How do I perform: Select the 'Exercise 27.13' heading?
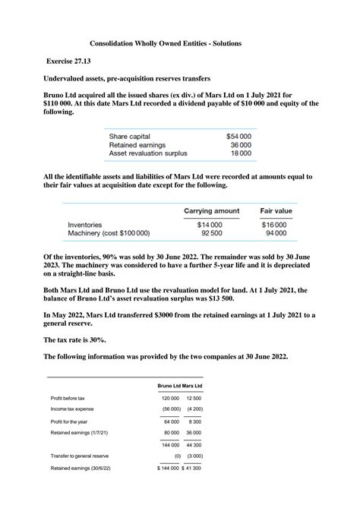[74, 60]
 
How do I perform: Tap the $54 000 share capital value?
[238, 135]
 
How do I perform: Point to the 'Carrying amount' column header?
[212, 210]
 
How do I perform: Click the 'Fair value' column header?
[276, 210]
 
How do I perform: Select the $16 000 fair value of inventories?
[274, 225]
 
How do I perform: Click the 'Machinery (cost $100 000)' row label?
[109, 234]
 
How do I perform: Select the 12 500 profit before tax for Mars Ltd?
[194, 399]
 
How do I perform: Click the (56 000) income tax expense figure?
[169, 409]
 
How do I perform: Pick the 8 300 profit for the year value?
[195, 421]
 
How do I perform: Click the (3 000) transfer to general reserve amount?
[194, 456]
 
